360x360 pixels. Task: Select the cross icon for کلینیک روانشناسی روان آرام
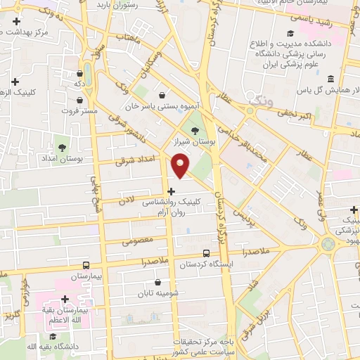tap(171, 191)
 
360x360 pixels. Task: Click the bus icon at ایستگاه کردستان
tap(206, 253)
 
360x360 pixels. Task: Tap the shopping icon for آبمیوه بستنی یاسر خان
tap(163, 96)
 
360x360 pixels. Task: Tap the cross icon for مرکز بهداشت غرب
tap(15, 22)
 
